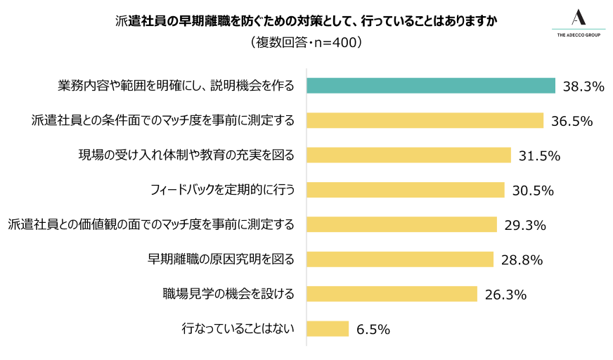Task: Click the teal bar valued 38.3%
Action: coord(431,86)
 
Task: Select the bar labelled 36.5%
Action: coord(425,120)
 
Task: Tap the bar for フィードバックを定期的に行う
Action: coord(406,190)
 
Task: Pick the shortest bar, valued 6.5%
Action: coord(328,328)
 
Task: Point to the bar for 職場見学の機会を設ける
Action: coord(392,294)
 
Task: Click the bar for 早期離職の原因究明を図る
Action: coord(400,259)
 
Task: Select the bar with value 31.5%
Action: coord(409,155)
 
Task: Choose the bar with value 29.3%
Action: coord(401,224)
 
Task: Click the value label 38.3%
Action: coord(583,86)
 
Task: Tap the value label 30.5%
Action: coord(533,191)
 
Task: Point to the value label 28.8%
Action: coord(522,260)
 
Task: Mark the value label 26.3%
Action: coord(505,295)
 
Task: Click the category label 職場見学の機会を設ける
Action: coord(228,294)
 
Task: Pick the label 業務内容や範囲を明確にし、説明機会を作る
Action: coord(175,86)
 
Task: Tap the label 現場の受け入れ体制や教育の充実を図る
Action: coord(186,155)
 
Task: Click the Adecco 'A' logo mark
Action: coord(579,18)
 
